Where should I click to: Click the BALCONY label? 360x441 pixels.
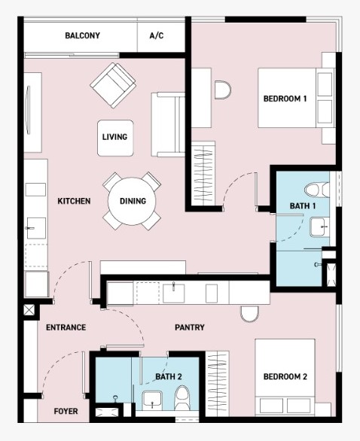point(82,35)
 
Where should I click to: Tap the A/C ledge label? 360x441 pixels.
point(157,35)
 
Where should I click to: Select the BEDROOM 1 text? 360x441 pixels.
point(285,99)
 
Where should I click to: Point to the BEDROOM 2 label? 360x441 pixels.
point(285,376)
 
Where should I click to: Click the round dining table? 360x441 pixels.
point(132,201)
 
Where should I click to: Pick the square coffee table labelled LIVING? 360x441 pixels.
point(115,138)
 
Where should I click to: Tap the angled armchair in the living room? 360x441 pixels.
point(113,85)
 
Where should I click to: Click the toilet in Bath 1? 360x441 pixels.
point(317,190)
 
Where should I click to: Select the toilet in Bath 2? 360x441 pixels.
point(182,398)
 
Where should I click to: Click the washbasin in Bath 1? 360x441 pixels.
point(319,227)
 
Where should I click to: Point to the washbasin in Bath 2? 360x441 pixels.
point(152,400)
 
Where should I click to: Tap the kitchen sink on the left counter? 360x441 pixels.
point(35,228)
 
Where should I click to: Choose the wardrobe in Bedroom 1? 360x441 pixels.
point(203,174)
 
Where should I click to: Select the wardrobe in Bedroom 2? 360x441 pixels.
point(217,383)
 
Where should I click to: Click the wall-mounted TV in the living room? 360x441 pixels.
point(28,110)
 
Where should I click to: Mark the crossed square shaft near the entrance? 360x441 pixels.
point(29,309)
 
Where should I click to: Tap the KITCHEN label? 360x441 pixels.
point(74,201)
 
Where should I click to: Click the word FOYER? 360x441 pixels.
point(66,412)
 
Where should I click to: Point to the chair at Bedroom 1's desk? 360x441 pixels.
point(223,90)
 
